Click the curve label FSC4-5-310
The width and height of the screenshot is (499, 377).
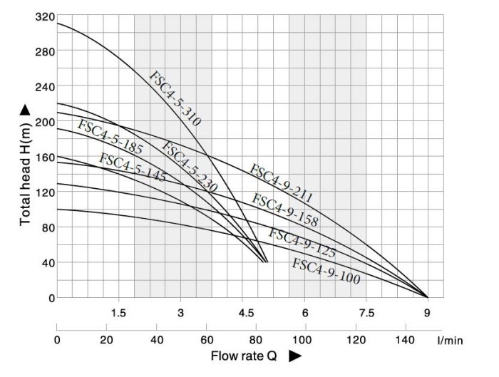tap(175, 98)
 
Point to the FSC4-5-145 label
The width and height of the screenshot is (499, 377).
tap(132, 167)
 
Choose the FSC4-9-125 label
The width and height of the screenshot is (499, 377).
tap(302, 243)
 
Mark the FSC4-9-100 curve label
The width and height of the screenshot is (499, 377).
tap(326, 271)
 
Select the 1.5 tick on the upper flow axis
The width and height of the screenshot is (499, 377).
tap(118, 313)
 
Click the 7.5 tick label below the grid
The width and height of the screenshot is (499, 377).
tap(366, 313)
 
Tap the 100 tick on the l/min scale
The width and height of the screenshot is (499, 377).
tap(304, 340)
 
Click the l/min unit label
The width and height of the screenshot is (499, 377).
tap(451, 341)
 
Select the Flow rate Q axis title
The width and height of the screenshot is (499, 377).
tap(243, 354)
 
